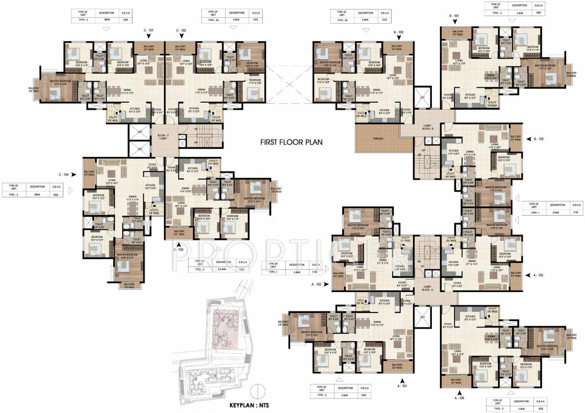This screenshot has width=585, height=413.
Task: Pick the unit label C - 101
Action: point(149,31)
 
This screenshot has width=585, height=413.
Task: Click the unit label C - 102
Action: point(180,31)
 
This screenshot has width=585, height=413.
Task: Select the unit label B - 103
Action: point(398,33)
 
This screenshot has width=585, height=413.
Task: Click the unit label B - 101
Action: point(454,17)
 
